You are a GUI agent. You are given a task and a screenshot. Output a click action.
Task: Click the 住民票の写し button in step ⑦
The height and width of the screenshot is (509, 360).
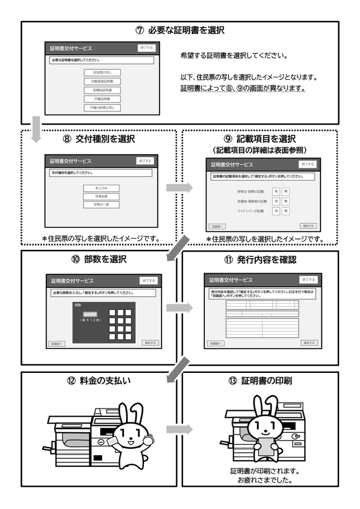point(102,72)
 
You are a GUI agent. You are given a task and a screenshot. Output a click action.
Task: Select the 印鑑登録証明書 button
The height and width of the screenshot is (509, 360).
point(102,81)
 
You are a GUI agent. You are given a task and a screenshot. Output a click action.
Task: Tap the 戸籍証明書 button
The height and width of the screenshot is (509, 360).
point(102,99)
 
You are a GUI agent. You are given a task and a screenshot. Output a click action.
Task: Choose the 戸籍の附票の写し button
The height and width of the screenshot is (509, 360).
point(102,107)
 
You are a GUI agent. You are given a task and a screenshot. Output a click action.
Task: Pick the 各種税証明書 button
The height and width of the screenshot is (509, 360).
point(102,90)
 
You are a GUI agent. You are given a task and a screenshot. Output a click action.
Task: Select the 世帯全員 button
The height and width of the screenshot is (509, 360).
point(101,196)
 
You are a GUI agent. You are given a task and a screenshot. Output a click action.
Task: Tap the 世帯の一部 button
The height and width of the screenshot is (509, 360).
point(101,204)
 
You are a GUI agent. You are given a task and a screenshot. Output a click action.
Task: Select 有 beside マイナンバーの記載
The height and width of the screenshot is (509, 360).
point(277,211)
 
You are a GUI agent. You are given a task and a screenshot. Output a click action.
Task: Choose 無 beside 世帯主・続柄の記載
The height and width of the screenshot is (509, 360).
point(286,191)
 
